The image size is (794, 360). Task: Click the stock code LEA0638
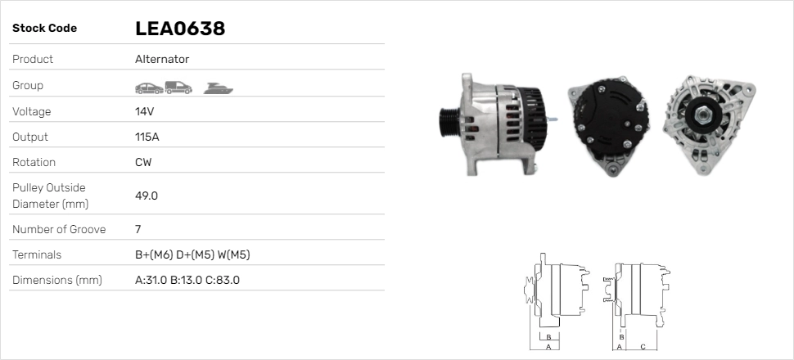pos(180,29)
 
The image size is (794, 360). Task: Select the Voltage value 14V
pos(144,111)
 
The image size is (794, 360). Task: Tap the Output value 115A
pos(147,137)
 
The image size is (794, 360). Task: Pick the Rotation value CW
pos(143,162)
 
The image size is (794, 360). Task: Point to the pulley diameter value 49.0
pos(147,196)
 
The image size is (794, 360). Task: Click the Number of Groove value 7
pos(138,229)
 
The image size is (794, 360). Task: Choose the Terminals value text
pos(192,254)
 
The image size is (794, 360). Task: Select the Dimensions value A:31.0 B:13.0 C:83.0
pos(187,280)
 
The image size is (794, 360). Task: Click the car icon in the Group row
pos(149,88)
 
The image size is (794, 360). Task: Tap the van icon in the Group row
pos(178,88)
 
